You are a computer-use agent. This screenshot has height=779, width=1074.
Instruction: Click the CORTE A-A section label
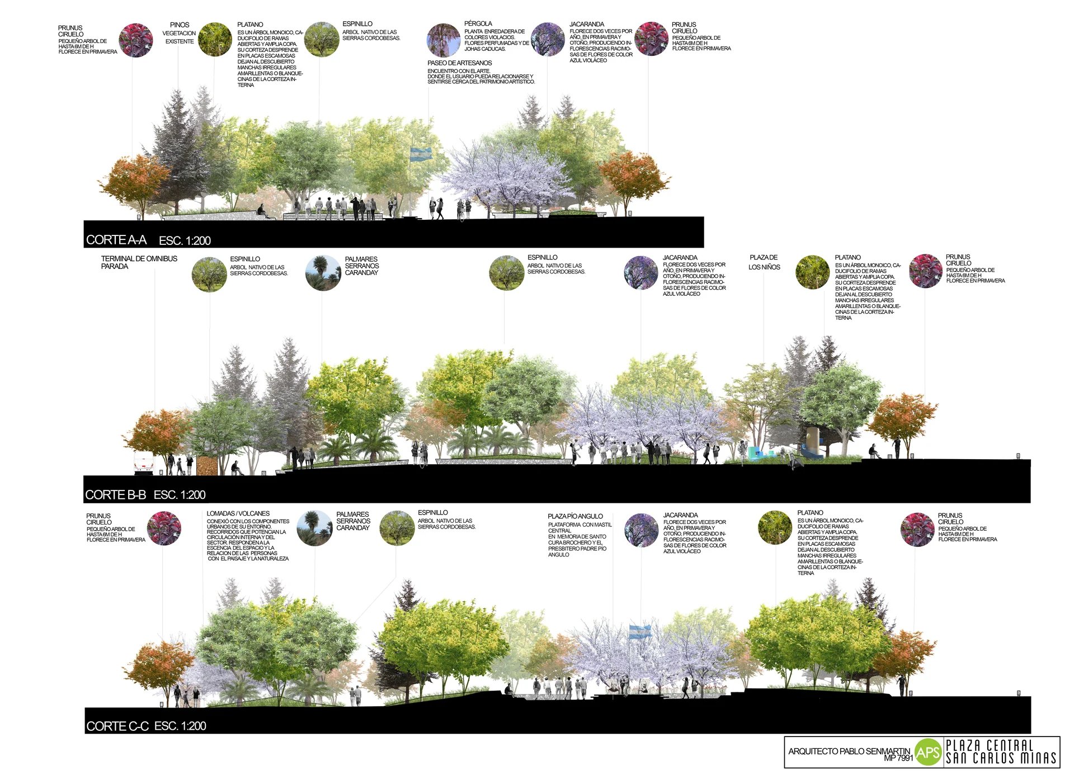tap(116, 240)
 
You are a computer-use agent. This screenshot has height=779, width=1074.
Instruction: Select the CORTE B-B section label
tap(115, 495)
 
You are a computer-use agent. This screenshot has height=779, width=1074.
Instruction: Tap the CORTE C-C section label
tap(117, 726)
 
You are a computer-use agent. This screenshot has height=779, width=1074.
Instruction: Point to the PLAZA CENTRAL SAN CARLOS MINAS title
tap(1001, 752)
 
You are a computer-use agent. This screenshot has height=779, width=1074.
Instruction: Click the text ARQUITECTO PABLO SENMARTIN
tap(849, 750)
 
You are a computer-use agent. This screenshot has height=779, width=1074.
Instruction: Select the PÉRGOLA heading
tap(478, 23)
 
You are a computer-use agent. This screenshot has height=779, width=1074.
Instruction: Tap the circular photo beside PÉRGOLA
tap(444, 40)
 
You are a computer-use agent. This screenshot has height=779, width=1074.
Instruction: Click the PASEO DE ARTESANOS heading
tap(460, 63)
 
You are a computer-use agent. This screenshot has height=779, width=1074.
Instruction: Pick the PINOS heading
tap(180, 25)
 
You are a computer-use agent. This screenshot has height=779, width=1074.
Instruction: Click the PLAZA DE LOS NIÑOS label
tap(764, 262)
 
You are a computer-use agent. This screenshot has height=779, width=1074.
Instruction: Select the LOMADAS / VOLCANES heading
tap(238, 513)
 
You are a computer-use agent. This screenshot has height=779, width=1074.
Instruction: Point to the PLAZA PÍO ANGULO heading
tap(575, 516)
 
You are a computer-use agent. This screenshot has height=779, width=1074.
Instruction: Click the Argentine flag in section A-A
tap(421, 154)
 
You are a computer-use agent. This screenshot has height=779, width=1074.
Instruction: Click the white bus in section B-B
tap(143, 464)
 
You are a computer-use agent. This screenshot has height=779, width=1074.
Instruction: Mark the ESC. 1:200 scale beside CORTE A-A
tap(185, 241)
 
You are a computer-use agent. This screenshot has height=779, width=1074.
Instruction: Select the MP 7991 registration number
tap(898, 758)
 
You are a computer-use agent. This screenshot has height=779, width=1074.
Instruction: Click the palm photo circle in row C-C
tap(314, 528)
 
